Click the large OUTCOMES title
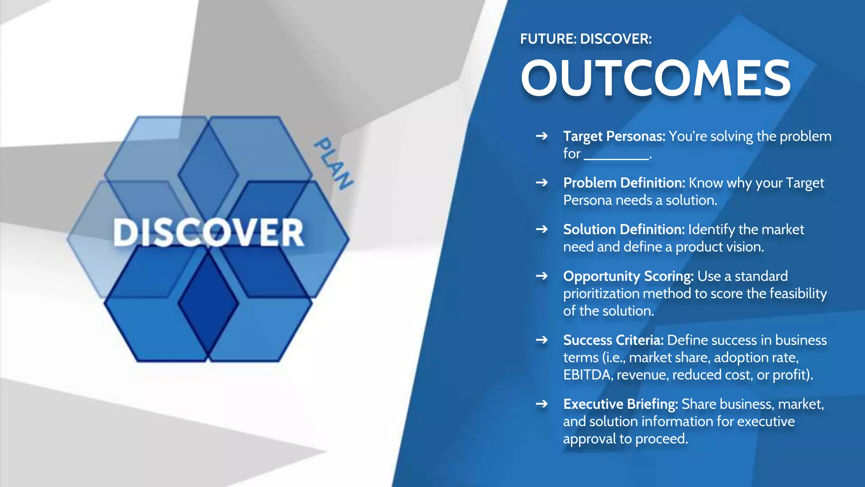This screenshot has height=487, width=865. pyautogui.click(x=656, y=79)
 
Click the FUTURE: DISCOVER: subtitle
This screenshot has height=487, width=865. pyautogui.click(x=586, y=39)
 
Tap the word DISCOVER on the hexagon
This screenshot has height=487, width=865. pyautogui.click(x=208, y=233)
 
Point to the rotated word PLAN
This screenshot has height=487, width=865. pyautogui.click(x=334, y=163)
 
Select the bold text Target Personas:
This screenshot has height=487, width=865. pyautogui.click(x=614, y=137)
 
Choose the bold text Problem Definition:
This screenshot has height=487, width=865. pyautogui.click(x=624, y=183)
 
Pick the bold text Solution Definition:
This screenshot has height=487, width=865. pyautogui.click(x=623, y=230)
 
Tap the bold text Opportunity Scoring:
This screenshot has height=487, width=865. pyautogui.click(x=628, y=276)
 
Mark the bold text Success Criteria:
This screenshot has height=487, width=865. pyautogui.click(x=613, y=340)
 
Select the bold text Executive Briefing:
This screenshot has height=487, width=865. pyautogui.click(x=620, y=404)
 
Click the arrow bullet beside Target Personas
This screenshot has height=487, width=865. pyautogui.click(x=541, y=136)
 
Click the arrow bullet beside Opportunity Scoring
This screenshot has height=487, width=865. pyautogui.click(x=541, y=276)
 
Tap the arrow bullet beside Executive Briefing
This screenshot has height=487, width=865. pyautogui.click(x=541, y=404)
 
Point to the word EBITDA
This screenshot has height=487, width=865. pyautogui.click(x=587, y=375)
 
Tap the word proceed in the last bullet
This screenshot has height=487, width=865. pyautogui.click(x=661, y=439)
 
